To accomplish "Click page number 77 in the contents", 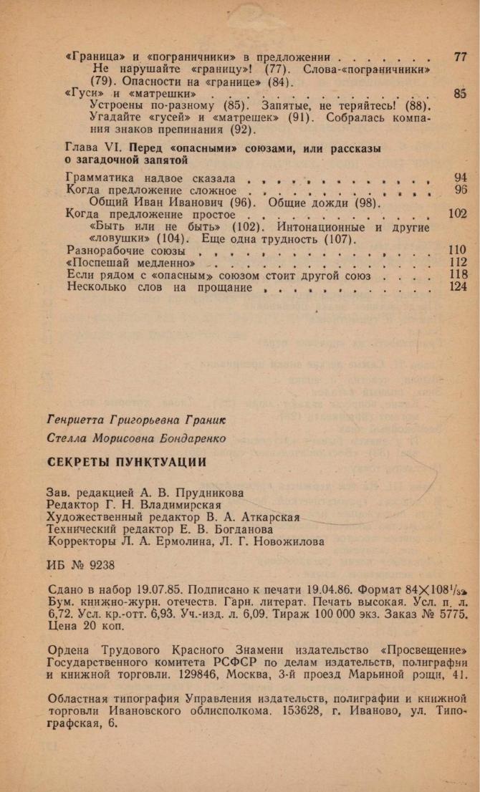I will tap(460, 57).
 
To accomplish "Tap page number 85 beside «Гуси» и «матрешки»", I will tap(460, 93).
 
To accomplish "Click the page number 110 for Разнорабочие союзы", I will tap(457, 251).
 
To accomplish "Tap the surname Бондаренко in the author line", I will tap(189, 438).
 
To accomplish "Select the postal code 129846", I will tap(285, 675).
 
